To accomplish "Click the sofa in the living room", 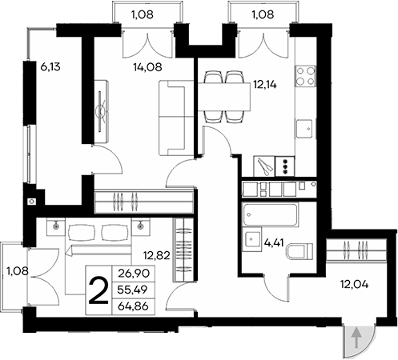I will (x=171, y=119).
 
